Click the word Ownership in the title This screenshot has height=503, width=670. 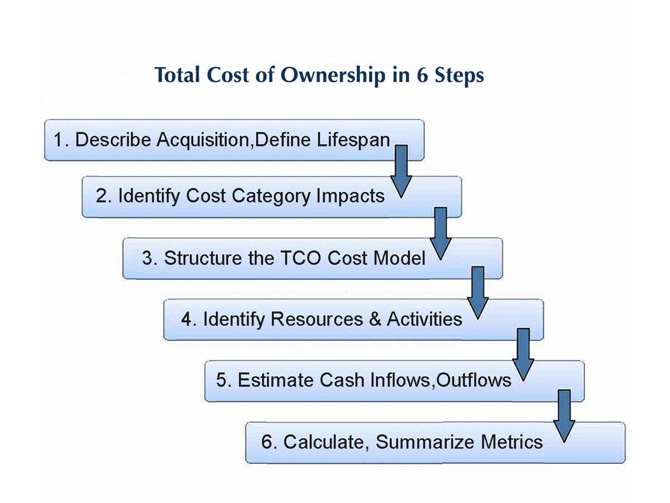coord(332,75)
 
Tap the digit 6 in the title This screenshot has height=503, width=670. coord(422,75)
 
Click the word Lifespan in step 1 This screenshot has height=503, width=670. coord(353,139)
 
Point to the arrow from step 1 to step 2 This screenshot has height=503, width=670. coord(401,170)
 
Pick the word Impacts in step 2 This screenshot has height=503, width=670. coord(350,196)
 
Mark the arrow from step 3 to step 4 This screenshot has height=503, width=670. coord(478,292)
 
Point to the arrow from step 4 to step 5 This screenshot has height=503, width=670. coord(523,354)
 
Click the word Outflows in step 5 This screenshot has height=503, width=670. coord(473,381)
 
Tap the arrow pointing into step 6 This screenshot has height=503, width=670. coord(564,416)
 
